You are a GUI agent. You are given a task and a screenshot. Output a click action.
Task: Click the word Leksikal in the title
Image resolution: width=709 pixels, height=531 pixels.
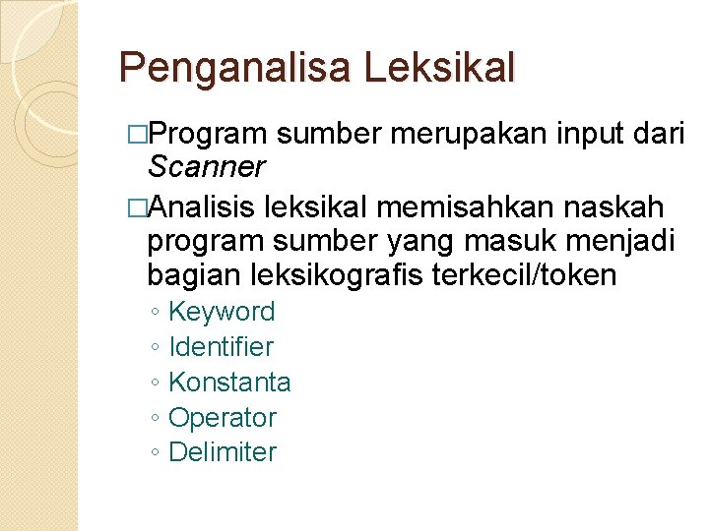coord(439,68)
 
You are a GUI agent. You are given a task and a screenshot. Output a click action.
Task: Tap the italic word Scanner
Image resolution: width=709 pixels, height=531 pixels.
coord(206,168)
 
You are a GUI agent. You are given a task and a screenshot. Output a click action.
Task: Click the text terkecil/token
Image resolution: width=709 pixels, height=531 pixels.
coord(524,275)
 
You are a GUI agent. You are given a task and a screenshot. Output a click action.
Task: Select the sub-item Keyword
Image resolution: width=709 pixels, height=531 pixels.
coord(222,312)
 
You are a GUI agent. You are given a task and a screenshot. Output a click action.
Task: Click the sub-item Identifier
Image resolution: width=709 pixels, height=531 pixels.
coord(222,346)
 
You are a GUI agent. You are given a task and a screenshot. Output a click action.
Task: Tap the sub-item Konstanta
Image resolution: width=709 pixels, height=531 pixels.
coord(229,382)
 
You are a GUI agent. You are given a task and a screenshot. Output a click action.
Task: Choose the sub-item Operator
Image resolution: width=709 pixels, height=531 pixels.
coord(223,417)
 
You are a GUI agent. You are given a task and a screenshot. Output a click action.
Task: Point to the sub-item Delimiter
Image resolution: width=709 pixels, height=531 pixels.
coord(223,452)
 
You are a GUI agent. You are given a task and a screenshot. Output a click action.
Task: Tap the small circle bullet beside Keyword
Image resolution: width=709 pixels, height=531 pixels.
coord(157,313)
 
